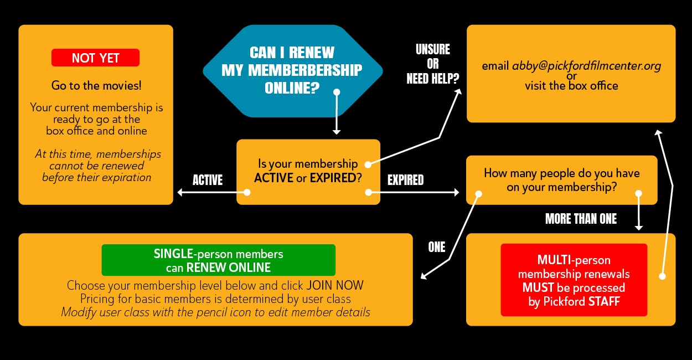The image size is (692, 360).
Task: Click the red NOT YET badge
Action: coord(95,58)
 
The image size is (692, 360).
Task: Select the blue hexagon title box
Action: coord(292,70)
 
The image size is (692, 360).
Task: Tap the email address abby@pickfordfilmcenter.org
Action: coord(586,66)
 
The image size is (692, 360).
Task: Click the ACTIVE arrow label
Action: coord(208,180)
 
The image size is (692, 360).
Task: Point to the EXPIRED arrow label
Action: coord(405,180)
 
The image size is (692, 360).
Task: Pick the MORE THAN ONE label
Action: coord(581,219)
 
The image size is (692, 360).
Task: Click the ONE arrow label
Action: coord(436,247)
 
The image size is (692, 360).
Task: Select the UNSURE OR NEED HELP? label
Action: coord(432,64)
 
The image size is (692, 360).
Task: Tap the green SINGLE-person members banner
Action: coord(218,260)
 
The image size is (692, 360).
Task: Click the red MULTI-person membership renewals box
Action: coord(574,280)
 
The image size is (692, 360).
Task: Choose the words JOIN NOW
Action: coord(335,286)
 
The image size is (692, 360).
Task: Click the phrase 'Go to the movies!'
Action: coord(96,86)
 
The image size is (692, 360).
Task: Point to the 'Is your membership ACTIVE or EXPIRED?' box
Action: coord(308,172)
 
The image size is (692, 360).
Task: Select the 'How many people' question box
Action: coord(561,180)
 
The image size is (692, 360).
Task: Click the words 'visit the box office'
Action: coord(571,86)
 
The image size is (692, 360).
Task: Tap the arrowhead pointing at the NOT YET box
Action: coord(180,193)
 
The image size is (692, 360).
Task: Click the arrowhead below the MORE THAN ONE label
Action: coord(638,228)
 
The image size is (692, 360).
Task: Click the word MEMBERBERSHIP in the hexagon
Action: coord(292,70)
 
